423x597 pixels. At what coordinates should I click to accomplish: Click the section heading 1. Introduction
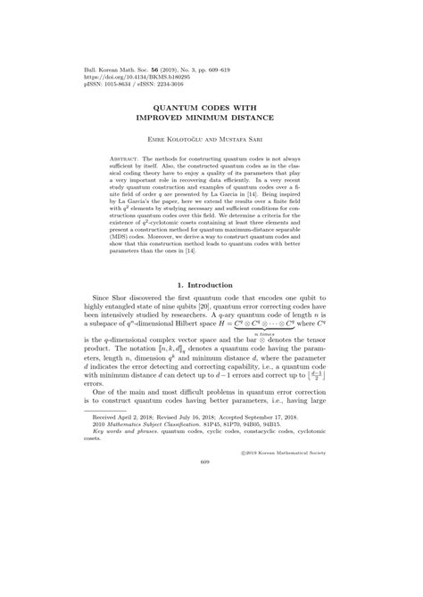[x=211, y=284]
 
